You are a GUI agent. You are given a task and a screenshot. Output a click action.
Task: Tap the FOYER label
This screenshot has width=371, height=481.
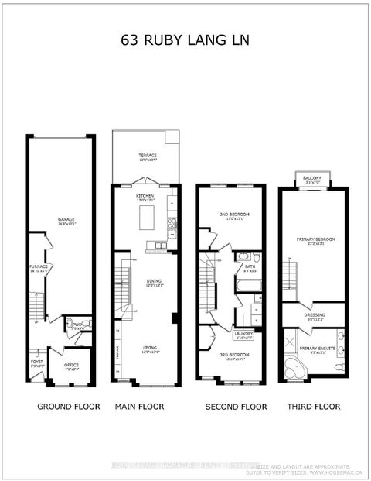coord(37,361)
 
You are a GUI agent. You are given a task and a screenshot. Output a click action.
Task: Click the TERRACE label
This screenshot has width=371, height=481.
coord(147,156)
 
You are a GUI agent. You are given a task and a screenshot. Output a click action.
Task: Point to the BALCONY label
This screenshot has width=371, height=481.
coord(312,177)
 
